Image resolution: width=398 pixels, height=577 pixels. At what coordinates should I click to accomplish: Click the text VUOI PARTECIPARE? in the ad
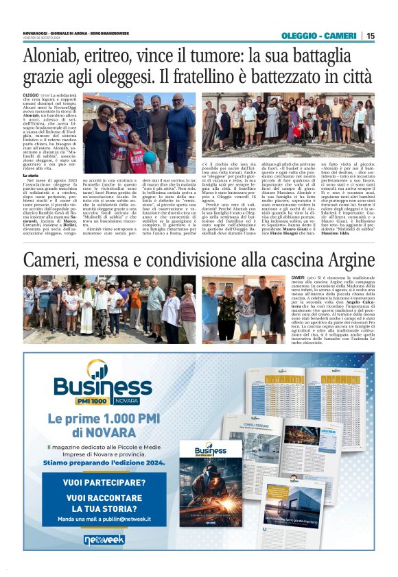(x=102, y=482)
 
